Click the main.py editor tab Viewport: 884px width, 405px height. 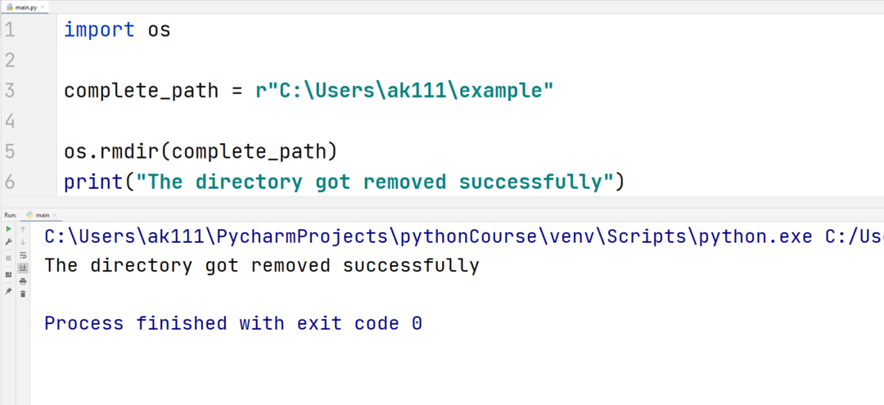[25, 7]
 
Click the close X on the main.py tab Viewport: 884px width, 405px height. [43, 7]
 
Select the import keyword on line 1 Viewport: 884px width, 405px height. [99, 29]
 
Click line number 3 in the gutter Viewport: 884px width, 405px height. [10, 91]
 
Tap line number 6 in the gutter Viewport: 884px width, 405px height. [10, 182]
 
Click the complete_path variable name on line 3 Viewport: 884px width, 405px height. [141, 91]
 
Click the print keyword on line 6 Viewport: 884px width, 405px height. [92, 182]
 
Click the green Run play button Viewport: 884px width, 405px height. [8, 229]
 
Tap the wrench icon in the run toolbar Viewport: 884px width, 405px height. [8, 241]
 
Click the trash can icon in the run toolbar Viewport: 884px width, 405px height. [23, 294]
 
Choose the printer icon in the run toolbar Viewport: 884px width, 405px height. [23, 281]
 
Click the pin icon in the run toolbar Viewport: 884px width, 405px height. [8, 291]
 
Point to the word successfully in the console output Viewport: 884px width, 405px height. [411, 265]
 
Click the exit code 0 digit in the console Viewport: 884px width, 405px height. [417, 323]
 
